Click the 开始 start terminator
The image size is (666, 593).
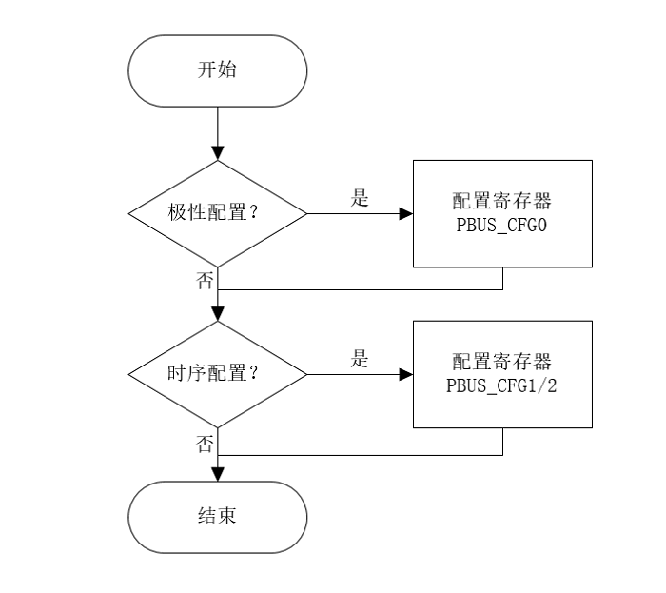(x=219, y=69)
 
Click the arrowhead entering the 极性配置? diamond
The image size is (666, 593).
(x=219, y=154)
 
